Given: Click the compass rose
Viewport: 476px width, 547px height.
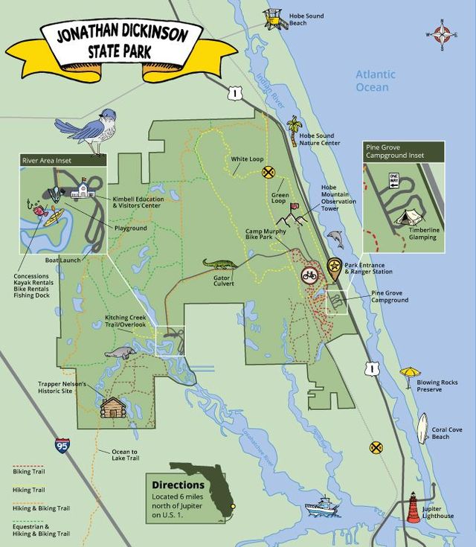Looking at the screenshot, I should (443, 33).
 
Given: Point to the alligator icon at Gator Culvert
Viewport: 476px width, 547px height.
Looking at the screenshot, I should (220, 265).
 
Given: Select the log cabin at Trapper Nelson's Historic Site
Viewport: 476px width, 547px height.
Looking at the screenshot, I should (113, 406).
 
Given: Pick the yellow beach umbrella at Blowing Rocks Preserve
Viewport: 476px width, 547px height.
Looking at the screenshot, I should (410, 374).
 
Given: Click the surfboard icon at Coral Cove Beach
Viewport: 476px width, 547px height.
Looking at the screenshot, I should (422, 428).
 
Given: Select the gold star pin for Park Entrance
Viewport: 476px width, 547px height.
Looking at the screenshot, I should (335, 268).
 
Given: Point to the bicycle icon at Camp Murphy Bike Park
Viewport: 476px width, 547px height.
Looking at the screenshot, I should (310, 276).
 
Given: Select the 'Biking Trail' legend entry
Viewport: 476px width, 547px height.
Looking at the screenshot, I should (28, 471).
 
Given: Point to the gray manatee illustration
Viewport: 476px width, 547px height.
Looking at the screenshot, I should (119, 354).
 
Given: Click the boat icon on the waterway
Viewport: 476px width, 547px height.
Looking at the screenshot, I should (324, 507).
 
